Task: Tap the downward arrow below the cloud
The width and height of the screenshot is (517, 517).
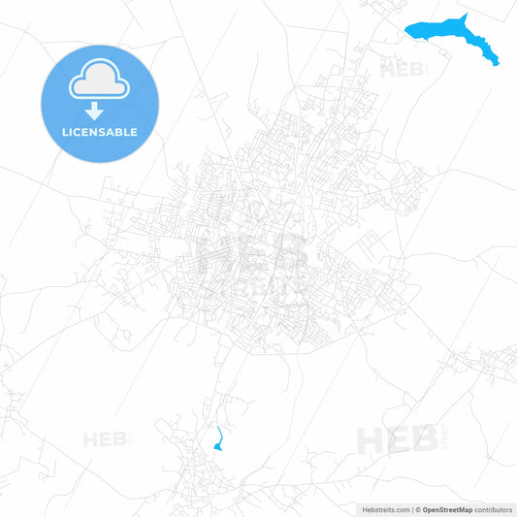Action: click(95, 111)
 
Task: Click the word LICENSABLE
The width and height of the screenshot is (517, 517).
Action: click(99, 132)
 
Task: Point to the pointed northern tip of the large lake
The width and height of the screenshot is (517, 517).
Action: click(466, 15)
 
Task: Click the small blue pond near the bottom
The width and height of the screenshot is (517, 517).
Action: click(217, 445)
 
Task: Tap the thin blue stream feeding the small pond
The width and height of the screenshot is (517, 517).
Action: click(219, 433)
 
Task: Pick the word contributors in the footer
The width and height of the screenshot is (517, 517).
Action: click(494, 508)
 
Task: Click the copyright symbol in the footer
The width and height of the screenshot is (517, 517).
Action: click(418, 508)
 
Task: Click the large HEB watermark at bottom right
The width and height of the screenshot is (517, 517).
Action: click(398, 440)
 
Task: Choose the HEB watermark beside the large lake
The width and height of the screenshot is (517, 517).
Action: click(403, 70)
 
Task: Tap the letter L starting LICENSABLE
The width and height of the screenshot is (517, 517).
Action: click(63, 132)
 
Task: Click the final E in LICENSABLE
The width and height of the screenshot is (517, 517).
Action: click(134, 132)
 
